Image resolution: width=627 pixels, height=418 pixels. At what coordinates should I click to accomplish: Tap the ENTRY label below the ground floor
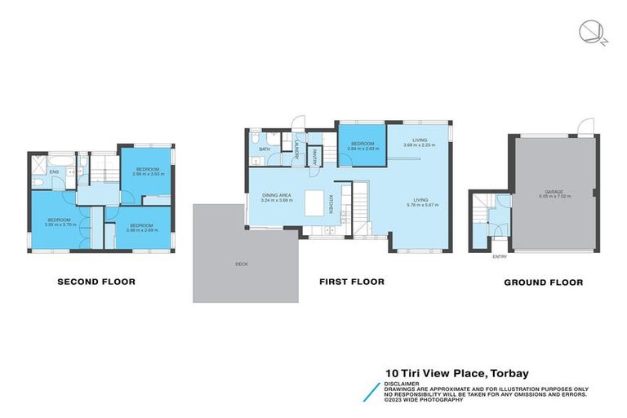click(499, 257)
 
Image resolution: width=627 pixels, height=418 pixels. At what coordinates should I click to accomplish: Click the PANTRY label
click(314, 154)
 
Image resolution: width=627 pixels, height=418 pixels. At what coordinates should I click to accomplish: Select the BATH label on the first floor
click(265, 149)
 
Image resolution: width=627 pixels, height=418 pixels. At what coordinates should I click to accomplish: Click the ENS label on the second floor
click(54, 172)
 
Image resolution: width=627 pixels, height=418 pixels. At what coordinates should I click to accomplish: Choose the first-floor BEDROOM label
click(362, 144)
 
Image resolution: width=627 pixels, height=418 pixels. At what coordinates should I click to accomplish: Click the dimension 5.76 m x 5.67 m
click(420, 205)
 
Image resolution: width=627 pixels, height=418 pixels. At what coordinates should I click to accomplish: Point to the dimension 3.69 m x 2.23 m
click(420, 145)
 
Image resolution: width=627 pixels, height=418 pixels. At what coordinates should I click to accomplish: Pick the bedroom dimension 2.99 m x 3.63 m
click(148, 174)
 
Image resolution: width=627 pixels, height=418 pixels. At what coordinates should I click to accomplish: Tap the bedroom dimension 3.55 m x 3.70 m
click(59, 225)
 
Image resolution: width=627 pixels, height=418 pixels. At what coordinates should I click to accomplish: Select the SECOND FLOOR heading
click(96, 282)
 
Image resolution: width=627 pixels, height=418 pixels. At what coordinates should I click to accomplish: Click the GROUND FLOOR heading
click(544, 282)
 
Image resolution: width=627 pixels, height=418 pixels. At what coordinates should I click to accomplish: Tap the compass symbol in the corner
click(589, 32)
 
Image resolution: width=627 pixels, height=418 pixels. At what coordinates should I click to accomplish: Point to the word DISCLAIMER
click(400, 381)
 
